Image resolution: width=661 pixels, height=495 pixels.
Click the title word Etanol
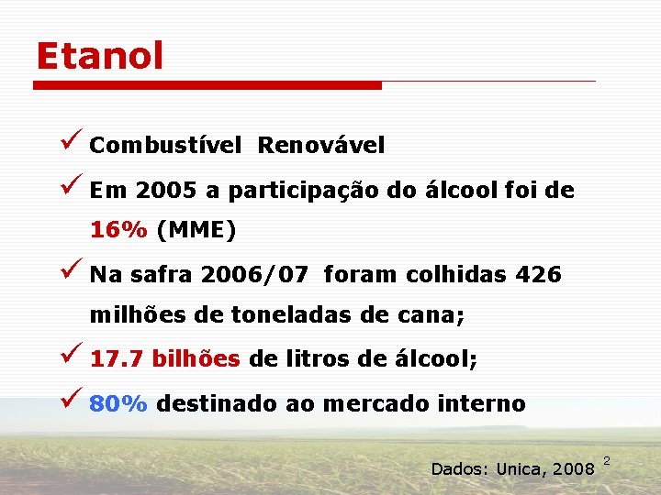click(x=99, y=57)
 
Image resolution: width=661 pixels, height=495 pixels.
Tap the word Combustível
click(x=166, y=146)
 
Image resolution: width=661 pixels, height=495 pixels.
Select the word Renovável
click(x=321, y=146)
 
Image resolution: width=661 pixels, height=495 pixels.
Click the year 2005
click(x=166, y=192)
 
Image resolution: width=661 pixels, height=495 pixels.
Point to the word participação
click(x=302, y=192)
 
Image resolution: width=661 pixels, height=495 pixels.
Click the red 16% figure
click(x=118, y=231)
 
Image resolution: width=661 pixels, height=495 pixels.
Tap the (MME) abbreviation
click(x=196, y=231)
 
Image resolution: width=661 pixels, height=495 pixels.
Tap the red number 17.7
click(x=117, y=359)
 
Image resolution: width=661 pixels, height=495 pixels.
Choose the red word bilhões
click(x=196, y=359)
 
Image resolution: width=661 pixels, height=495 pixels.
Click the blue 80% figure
click(x=118, y=403)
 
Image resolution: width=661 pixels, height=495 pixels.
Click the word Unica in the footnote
click(x=520, y=469)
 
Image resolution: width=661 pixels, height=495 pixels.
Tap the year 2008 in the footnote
click(x=574, y=469)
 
